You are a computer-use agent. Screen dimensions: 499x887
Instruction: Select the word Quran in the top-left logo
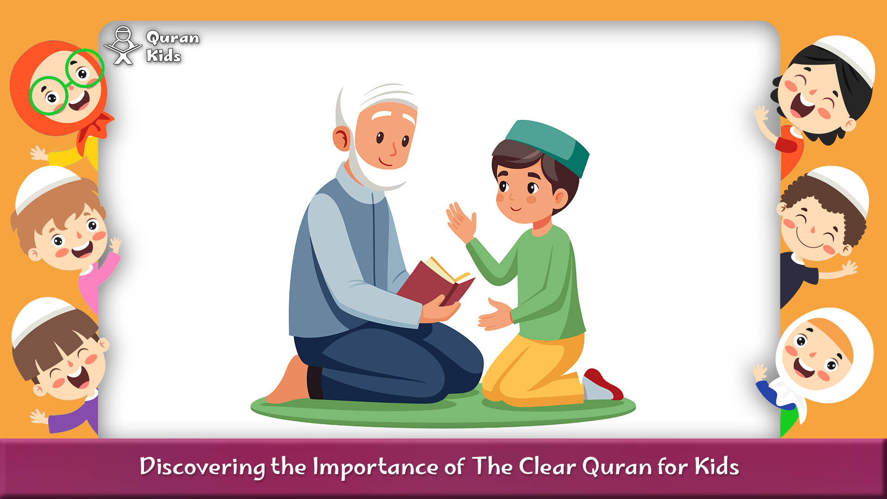[172, 38]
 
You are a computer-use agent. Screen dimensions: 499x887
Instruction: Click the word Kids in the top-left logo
[163, 56]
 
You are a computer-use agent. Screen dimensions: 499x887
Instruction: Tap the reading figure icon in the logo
[123, 46]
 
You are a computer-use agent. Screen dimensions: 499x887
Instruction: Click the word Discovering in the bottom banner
[202, 467]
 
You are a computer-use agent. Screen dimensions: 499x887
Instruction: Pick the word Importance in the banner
[375, 467]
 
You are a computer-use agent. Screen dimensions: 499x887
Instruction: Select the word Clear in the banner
[547, 467]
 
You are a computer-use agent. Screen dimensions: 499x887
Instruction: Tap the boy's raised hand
[461, 222]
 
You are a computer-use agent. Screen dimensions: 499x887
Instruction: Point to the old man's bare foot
[289, 383]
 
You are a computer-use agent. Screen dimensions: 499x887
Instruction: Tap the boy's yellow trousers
[531, 370]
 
